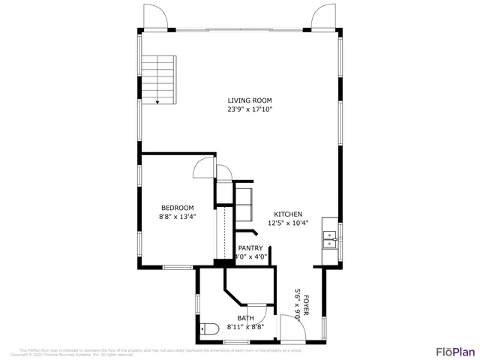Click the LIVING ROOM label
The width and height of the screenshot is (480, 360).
click(x=250, y=100)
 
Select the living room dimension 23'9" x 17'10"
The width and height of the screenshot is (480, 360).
click(x=250, y=109)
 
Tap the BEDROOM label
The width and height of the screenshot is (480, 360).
click(x=178, y=208)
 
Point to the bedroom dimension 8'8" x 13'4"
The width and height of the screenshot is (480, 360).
click(x=178, y=217)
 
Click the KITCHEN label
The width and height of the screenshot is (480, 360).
click(x=288, y=214)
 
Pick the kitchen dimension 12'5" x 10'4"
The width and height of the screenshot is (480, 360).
click(x=288, y=223)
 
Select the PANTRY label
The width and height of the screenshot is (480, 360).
click(x=250, y=248)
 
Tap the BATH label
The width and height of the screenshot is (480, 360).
click(x=245, y=318)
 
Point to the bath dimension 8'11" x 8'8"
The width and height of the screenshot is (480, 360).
click(x=245, y=327)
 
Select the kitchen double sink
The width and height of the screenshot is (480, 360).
click(x=329, y=239)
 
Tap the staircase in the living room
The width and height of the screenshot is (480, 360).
click(x=158, y=79)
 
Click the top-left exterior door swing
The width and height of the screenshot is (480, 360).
click(x=154, y=16)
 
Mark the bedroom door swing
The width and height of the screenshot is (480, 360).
click(x=203, y=169)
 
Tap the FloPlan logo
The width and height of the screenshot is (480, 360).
click(x=455, y=351)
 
